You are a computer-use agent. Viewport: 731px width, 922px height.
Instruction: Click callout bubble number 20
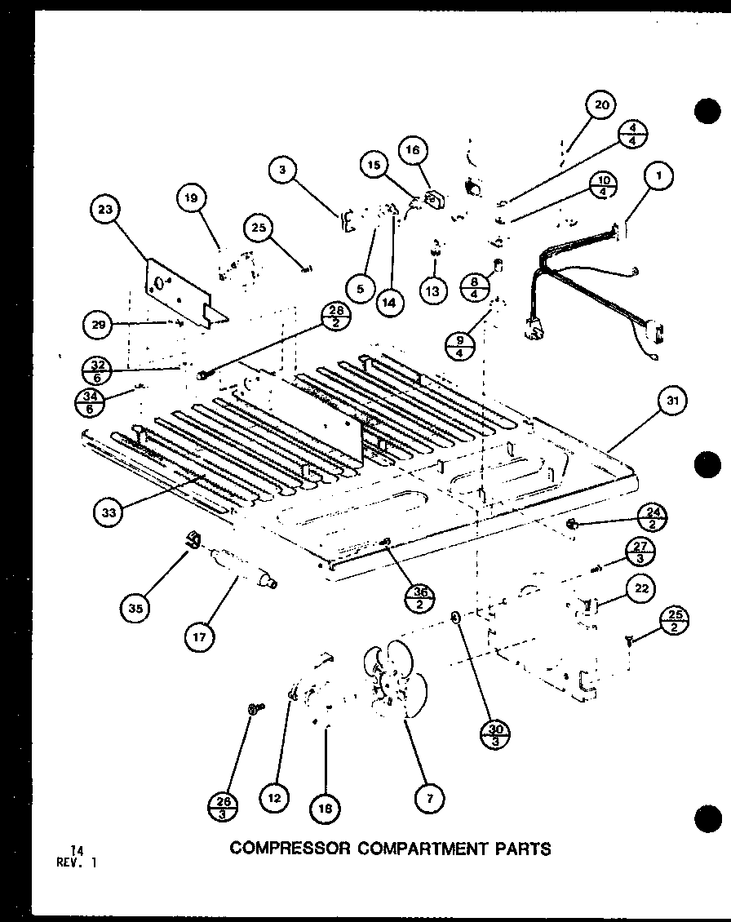[x=600, y=104]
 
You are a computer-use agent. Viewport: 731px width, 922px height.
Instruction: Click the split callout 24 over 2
[x=655, y=517]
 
